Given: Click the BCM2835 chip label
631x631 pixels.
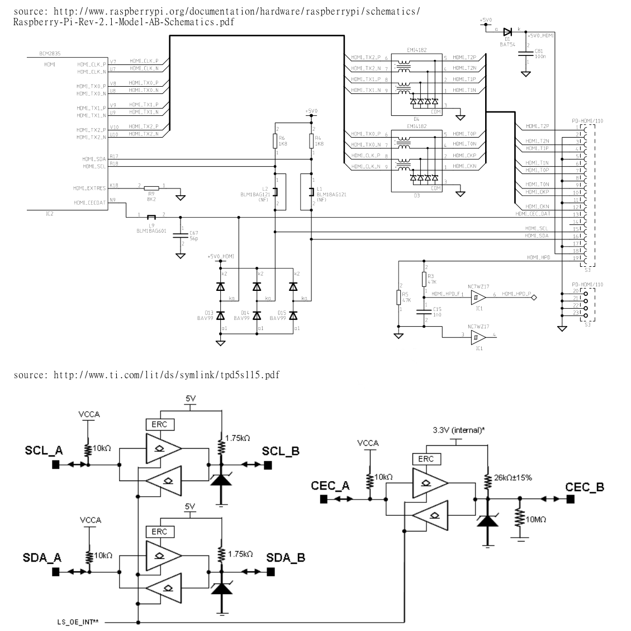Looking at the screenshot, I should (x=50, y=54).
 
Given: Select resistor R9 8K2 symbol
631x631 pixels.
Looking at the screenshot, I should (x=151, y=189).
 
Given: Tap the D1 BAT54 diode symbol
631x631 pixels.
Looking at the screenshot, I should (x=507, y=32).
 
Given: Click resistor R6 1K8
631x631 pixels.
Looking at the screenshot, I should (x=275, y=141).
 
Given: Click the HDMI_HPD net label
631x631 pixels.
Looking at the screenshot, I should (x=538, y=257).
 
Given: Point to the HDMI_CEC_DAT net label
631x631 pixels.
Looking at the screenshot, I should (x=533, y=213).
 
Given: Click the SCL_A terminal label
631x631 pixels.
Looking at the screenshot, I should (x=43, y=451).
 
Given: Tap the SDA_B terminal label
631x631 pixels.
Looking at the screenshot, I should (x=286, y=558).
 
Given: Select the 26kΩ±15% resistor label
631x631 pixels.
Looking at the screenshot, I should (x=514, y=478).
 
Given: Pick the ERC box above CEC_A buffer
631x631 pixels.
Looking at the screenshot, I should (x=425, y=459).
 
